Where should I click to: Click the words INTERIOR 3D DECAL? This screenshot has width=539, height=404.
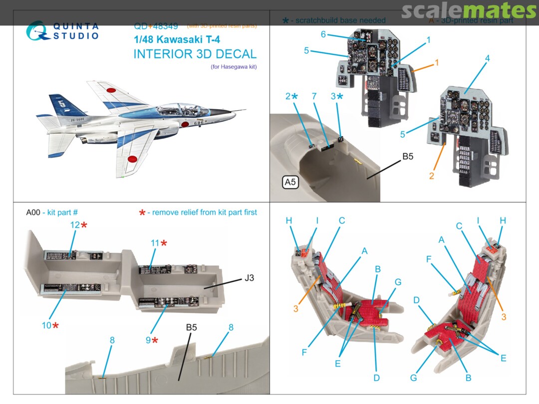pyautogui.click(x=195, y=54)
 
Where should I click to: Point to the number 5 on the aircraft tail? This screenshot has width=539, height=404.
pyautogui.click(x=61, y=105)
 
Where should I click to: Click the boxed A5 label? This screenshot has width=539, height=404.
pyautogui.click(x=290, y=183)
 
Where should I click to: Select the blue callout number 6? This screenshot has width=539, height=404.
pyautogui.click(x=323, y=34)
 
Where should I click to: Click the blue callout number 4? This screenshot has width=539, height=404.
pyautogui.click(x=487, y=58)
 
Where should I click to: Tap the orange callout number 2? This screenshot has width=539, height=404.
pyautogui.click(x=432, y=176)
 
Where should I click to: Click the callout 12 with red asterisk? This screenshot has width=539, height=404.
pyautogui.click(x=78, y=225)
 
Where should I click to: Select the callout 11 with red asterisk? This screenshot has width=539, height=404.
pyautogui.click(x=158, y=243)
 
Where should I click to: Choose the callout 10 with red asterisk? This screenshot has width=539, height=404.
pyautogui.click(x=50, y=325)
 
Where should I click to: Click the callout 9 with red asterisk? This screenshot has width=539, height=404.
pyautogui.click(x=152, y=340)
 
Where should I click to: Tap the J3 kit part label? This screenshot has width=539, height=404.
pyautogui.click(x=249, y=278)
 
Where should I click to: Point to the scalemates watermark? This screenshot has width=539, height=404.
pyautogui.click(x=469, y=10)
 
